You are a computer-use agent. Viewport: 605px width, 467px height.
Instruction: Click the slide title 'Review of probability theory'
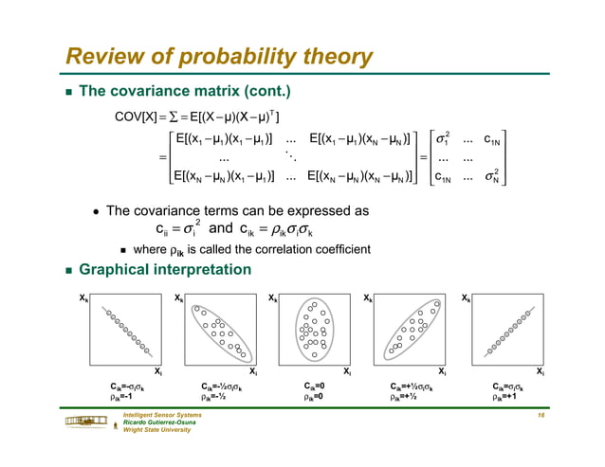click(x=218, y=58)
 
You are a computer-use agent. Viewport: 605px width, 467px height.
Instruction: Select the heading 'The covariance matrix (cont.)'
click(x=185, y=92)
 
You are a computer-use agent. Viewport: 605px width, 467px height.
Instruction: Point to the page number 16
click(x=539, y=416)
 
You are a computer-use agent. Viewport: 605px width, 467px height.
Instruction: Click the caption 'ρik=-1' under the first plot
click(x=126, y=397)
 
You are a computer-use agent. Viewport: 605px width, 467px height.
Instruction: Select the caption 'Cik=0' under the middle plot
click(x=315, y=386)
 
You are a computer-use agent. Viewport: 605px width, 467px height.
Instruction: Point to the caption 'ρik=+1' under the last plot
click(x=505, y=397)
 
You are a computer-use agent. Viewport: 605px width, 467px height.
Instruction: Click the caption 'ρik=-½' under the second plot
click(x=220, y=397)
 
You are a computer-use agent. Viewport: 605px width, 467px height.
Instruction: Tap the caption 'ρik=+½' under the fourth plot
click(x=410, y=397)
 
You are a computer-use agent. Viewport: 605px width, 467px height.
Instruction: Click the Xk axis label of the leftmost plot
click(x=84, y=297)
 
